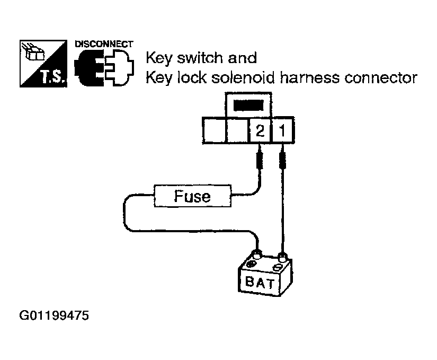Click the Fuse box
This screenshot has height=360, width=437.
click(x=193, y=196)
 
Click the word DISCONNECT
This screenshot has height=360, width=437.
click(x=104, y=43)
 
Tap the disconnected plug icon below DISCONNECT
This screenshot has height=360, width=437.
click(x=104, y=68)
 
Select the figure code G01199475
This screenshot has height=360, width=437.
click(x=55, y=317)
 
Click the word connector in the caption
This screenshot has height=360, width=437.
click(x=380, y=78)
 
